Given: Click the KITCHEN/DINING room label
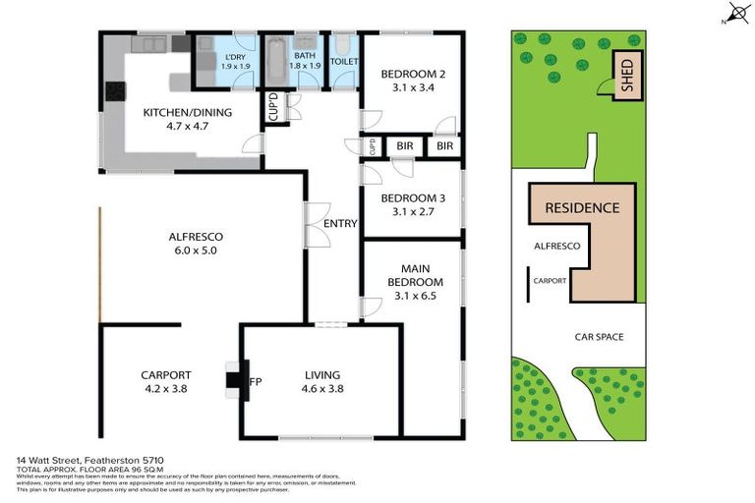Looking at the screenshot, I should [188, 112].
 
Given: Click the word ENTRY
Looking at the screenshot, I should [340, 224].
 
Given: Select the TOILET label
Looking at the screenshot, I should [344, 61].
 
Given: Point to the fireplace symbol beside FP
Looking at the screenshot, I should [234, 381].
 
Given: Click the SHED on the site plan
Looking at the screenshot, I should [624, 76].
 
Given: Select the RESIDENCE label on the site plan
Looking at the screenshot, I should [582, 207].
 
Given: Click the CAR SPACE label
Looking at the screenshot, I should [600, 337].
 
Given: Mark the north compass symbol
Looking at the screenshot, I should [731, 14].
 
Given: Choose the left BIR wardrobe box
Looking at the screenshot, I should [404, 146].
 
